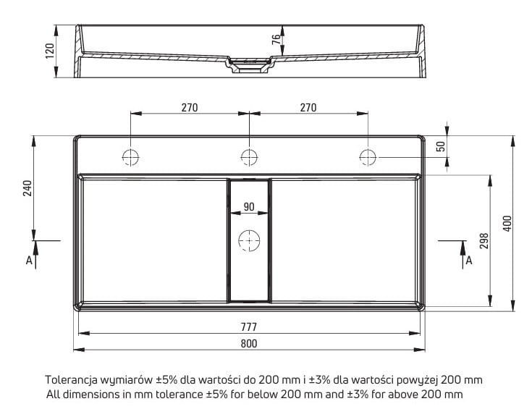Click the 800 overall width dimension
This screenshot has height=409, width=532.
[249, 344]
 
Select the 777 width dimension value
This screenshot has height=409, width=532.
[249, 327]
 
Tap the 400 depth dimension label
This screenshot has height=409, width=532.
[507, 224]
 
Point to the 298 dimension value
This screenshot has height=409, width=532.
[484, 240]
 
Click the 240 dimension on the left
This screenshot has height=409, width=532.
[28, 188]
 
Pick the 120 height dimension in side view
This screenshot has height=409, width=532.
[50, 51]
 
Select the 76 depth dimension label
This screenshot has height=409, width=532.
[276, 39]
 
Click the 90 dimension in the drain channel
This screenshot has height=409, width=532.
[249, 206]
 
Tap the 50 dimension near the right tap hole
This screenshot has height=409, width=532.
[441, 146]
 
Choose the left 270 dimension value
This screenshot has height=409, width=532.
[190, 108]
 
